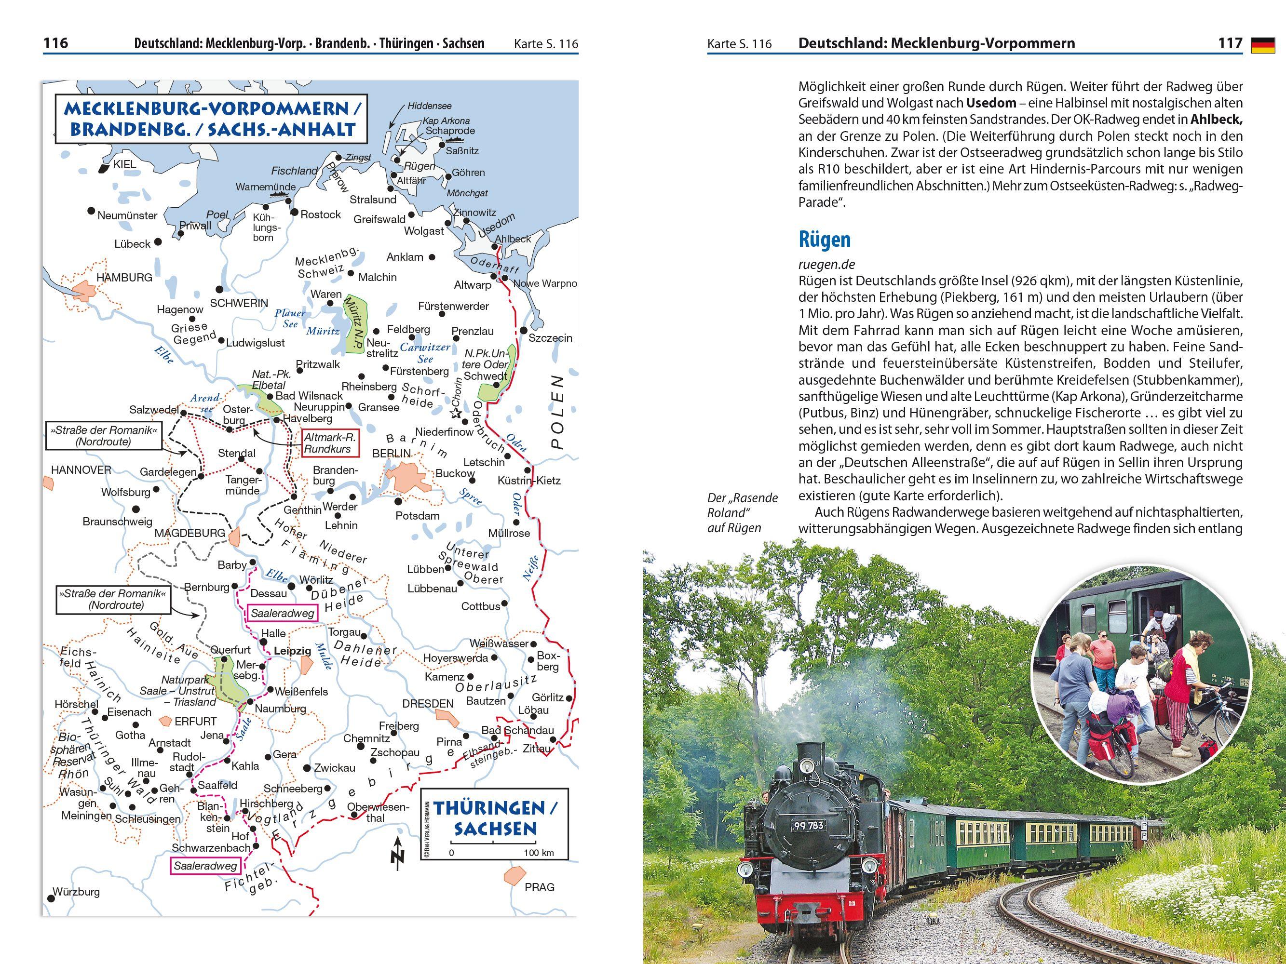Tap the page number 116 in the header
click(56, 43)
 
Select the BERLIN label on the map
click(391, 453)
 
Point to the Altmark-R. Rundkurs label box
click(330, 443)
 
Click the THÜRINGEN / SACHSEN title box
click(494, 823)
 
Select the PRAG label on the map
click(539, 887)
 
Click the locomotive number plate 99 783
click(808, 825)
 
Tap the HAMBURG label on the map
click(124, 278)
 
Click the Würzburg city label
click(76, 891)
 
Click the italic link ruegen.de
click(826, 265)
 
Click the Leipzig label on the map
click(292, 651)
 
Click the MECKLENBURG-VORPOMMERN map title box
click(212, 119)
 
